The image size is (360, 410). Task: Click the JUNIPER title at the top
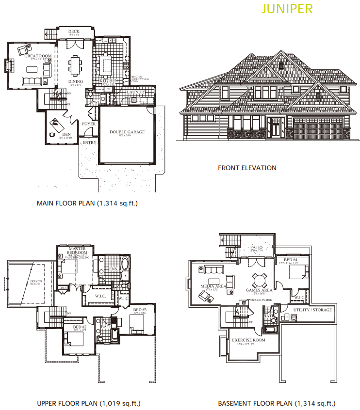point(287,8)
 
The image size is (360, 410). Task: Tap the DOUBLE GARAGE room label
point(127,132)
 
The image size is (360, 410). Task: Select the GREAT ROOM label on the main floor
point(38,56)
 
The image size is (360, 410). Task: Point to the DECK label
point(74,32)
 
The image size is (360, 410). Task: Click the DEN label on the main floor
point(66,134)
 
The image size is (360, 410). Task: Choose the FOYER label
point(89,124)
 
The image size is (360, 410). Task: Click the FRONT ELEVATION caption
point(247,168)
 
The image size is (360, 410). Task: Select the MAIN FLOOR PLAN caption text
point(87,204)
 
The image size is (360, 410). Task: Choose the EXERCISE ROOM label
point(248,340)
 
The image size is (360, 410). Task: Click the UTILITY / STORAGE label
point(312,310)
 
